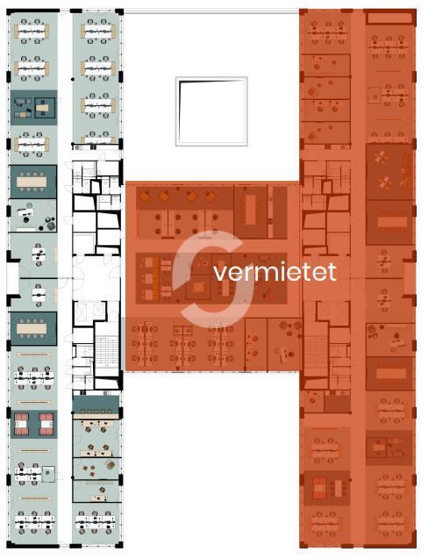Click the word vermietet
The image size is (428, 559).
(x=275, y=272)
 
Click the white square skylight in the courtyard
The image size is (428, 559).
(x=211, y=111)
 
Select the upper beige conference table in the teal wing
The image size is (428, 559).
(x=32, y=182)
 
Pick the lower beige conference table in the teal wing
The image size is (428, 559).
(x=32, y=328)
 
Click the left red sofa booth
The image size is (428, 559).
(x=21, y=424)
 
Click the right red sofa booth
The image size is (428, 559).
(x=46, y=424)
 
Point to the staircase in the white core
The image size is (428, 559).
(x=107, y=350)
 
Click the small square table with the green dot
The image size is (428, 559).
(x=48, y=473)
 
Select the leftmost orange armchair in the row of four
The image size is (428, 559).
(x=145, y=196)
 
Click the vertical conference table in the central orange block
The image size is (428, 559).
(x=251, y=210)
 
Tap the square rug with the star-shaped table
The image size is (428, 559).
(x=199, y=287)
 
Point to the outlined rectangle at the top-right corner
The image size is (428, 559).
(x=389, y=18)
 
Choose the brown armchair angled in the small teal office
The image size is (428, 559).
(x=111, y=465)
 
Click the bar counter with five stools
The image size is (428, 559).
(x=96, y=416)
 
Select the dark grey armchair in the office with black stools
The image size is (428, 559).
(x=51, y=226)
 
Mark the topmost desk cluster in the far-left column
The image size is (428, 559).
(x=32, y=32)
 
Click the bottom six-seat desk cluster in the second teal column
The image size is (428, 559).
(x=95, y=523)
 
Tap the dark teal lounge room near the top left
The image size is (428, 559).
(x=33, y=107)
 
